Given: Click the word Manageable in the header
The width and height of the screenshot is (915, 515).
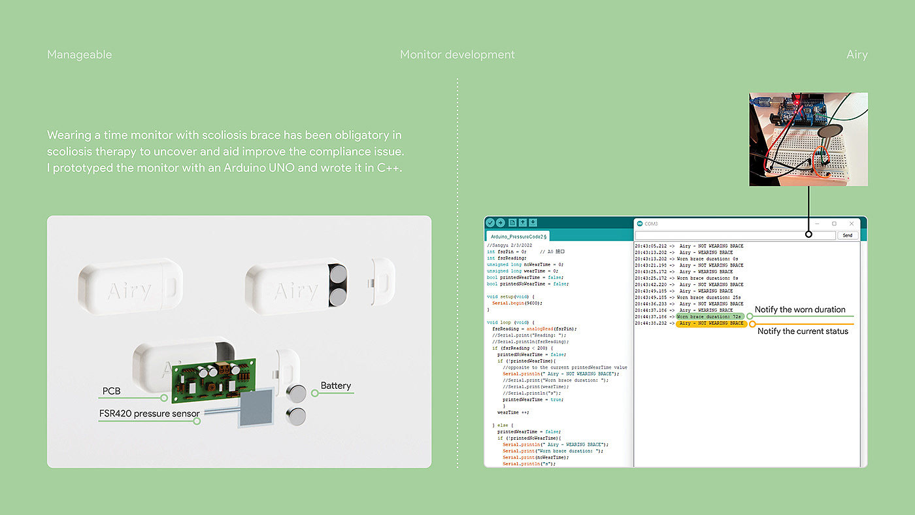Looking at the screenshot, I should point(79,55).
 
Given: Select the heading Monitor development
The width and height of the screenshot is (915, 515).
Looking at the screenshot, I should point(457,55).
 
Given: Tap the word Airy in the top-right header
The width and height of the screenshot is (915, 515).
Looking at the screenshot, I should point(856,55).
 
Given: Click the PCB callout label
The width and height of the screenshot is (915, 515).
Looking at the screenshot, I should point(111,391).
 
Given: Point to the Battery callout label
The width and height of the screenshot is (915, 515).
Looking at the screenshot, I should point(336,386).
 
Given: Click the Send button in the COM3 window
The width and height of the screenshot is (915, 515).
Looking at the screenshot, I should point(847,235).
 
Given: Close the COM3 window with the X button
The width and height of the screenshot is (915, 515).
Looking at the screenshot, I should point(852,224).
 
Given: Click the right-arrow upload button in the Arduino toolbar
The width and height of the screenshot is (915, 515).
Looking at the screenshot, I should point(501,223).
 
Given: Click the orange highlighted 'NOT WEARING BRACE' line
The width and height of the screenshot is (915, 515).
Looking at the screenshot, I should point(711,324).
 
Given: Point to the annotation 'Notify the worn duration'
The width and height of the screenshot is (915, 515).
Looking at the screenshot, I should point(800,310).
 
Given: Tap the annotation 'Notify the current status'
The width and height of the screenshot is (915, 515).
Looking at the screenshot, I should point(803,331).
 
